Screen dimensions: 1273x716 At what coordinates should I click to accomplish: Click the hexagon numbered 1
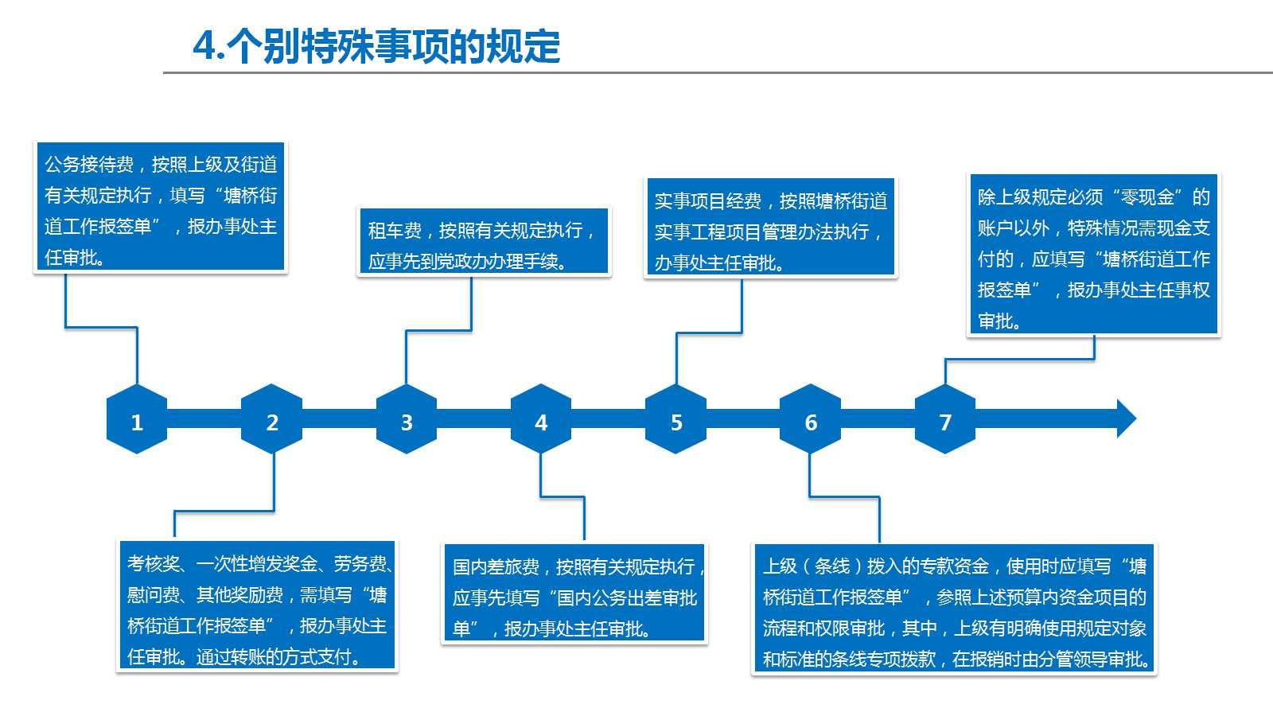137,418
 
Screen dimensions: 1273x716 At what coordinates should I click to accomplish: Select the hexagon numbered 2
271,418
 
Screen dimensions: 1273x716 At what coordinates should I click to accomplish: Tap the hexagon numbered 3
407,418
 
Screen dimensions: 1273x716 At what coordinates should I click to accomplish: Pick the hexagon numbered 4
541,418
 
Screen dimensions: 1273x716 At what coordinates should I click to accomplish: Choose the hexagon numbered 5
675,418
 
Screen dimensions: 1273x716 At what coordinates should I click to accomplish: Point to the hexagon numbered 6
811,418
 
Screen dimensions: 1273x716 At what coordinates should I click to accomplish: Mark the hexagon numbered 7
945,418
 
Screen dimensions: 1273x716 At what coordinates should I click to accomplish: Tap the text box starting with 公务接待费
161,206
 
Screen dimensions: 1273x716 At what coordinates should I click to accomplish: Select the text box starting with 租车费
484,241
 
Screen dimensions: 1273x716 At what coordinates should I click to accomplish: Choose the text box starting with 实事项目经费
771,226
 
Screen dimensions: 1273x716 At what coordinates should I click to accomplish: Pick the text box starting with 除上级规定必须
1094,254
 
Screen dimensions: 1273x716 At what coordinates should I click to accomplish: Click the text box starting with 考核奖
257,605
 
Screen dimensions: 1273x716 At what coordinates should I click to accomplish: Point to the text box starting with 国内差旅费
574,593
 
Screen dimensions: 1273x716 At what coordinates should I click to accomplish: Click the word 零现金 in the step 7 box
1147,197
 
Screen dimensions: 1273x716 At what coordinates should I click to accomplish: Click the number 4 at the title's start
204,46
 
